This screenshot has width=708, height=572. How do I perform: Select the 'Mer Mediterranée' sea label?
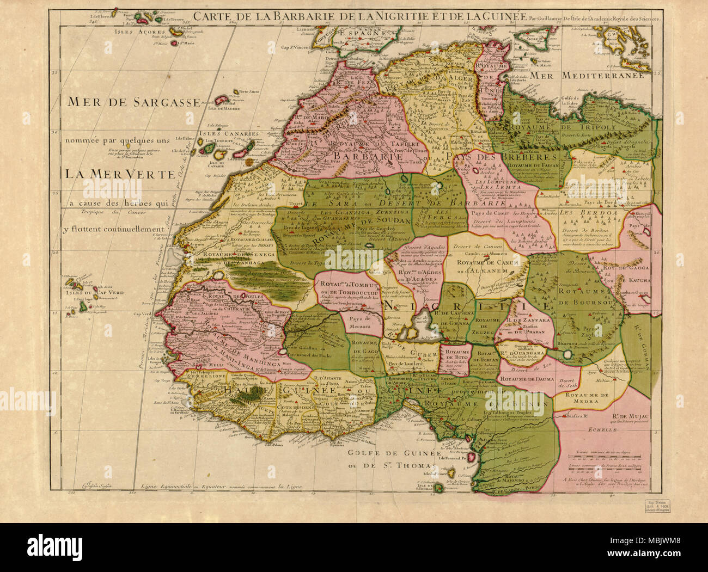pos(591,75)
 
